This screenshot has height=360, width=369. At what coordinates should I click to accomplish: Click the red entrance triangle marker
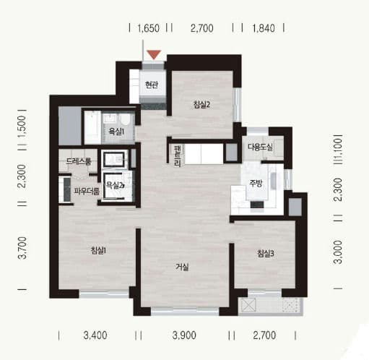pos(154,54)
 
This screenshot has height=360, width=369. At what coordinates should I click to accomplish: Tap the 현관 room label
pos(152,85)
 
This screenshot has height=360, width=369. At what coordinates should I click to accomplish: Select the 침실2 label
pos(201,105)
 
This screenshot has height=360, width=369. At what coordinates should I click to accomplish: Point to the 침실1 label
pos(98,251)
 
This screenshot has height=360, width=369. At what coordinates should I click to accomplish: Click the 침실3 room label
pos(266,254)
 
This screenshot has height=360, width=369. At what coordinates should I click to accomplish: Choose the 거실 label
pos(182,267)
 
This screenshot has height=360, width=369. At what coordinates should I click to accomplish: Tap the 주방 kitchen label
pos(256,184)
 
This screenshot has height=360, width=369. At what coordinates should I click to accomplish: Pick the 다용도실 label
pos(261,147)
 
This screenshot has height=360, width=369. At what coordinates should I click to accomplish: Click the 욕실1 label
pos(116,132)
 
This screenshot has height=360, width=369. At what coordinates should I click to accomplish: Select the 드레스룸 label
pos(79,161)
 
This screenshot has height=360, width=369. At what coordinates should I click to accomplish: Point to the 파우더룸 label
pos(87,192)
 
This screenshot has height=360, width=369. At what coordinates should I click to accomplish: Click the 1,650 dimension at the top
pos(148,28)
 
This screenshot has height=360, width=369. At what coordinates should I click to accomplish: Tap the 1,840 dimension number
pos(264,28)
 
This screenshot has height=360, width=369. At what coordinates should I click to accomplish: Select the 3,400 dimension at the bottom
pos(95,335)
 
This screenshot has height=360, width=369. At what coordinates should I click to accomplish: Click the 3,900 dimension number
pos(184,335)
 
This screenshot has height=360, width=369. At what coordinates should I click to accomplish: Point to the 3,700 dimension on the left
pos(22,248)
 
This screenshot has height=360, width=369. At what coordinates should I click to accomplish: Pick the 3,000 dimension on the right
pos(338,252)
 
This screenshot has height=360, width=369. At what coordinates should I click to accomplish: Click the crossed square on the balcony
pos(248,305)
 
